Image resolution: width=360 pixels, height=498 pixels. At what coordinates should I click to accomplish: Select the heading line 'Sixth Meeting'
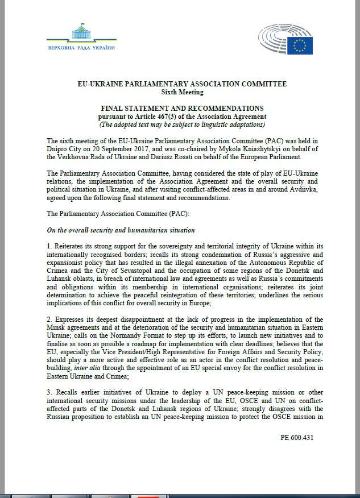coord(181,92)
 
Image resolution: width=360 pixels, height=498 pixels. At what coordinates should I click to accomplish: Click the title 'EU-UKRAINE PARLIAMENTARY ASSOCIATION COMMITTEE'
coord(181,84)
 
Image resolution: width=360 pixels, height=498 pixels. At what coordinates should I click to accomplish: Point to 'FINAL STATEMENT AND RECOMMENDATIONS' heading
coord(181,108)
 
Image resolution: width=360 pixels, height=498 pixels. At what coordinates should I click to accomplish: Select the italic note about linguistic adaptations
coord(181,125)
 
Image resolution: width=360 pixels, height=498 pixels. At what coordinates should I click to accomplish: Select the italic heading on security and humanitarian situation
coord(121,230)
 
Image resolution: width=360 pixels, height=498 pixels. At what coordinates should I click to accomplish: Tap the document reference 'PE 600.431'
coord(296,438)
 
